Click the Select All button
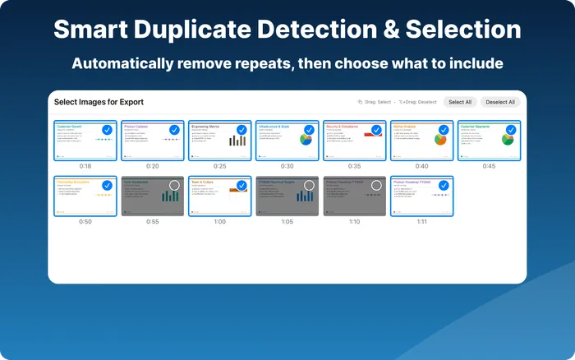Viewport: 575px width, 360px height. point(459,102)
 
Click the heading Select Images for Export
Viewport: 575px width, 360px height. point(99,102)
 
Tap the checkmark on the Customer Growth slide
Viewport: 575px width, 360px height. point(107,130)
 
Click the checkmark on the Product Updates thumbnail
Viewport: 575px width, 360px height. point(174,130)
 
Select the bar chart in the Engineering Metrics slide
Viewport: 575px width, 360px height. point(237,141)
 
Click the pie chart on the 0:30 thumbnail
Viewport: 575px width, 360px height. point(306,141)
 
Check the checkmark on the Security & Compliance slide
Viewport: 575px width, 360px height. point(376,130)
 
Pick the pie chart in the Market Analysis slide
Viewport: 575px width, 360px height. point(440,141)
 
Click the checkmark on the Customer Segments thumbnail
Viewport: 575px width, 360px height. point(511,130)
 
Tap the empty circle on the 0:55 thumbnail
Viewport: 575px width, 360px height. point(174,185)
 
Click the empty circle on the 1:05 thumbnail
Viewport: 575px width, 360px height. point(309,185)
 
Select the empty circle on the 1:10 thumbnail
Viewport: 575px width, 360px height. point(376,185)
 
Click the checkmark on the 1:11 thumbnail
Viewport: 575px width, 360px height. point(444,185)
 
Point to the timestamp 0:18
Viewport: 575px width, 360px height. point(86,166)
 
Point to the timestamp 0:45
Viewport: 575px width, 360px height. point(490,166)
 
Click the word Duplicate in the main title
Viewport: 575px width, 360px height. point(211,30)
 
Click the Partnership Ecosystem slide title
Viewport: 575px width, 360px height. point(73,181)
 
